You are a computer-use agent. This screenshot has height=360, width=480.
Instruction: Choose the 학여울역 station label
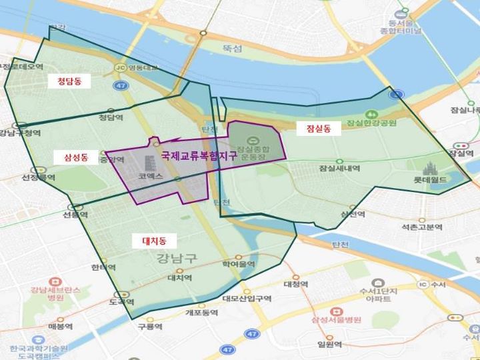[x=239, y=264]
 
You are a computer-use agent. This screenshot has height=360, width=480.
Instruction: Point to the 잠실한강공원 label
[x=371, y=123]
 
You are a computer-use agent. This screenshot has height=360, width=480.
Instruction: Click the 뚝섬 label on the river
[x=233, y=49]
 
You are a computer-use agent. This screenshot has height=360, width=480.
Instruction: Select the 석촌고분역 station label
[x=422, y=227]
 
